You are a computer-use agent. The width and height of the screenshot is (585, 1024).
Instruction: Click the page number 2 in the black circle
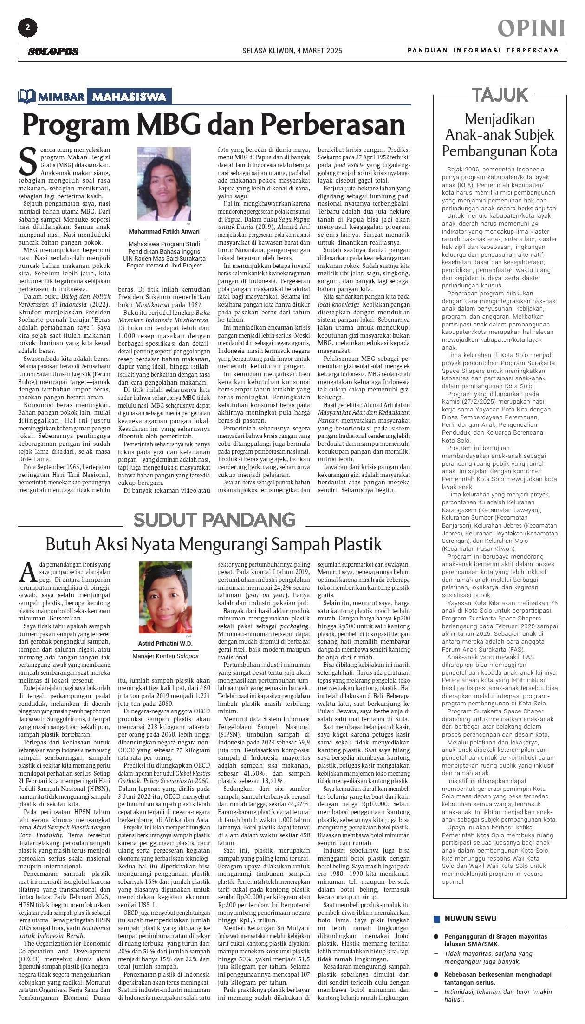(x=27, y=28)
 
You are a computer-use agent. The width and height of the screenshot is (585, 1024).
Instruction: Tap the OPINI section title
(x=532, y=28)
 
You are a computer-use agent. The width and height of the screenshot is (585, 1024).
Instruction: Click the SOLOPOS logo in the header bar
(x=53, y=52)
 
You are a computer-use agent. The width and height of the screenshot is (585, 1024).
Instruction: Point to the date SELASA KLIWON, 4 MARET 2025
(x=292, y=51)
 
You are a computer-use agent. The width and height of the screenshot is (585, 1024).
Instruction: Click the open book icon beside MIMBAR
(x=27, y=96)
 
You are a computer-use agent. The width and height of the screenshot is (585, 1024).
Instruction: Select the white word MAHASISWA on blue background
(x=129, y=97)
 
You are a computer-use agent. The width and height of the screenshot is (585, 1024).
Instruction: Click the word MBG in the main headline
(x=171, y=124)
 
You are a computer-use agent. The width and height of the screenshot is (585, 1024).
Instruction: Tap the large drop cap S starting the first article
(x=27, y=161)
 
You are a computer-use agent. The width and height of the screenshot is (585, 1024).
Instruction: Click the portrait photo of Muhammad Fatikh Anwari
(x=164, y=183)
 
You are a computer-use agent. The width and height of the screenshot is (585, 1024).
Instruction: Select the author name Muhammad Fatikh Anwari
(x=164, y=232)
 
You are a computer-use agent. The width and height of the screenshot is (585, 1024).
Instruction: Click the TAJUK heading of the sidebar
(x=500, y=95)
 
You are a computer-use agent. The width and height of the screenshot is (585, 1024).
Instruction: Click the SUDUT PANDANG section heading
(x=214, y=520)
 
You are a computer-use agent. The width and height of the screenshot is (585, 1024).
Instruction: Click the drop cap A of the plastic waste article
(x=28, y=573)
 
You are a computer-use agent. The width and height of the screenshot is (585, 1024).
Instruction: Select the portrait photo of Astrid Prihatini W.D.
(x=165, y=597)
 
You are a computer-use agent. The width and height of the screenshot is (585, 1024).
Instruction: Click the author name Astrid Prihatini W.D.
(x=165, y=644)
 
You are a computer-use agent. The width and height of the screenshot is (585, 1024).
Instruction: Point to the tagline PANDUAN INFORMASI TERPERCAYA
(x=483, y=50)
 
